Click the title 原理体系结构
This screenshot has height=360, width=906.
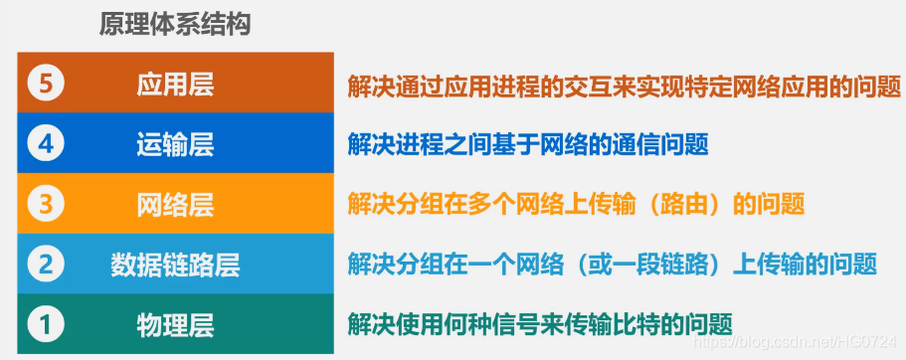[x=174, y=25]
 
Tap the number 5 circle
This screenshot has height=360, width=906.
[x=45, y=85]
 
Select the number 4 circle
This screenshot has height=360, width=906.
[x=45, y=144]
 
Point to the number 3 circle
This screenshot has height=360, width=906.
[x=45, y=205]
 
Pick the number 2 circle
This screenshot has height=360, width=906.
[x=45, y=264]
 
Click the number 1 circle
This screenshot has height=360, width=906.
[x=45, y=323]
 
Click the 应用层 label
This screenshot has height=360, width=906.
[x=175, y=85]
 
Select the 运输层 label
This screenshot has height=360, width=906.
[x=175, y=145]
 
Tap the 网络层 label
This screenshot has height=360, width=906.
[x=175, y=205]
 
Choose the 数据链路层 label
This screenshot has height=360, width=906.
[x=175, y=265]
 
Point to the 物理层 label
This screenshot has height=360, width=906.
[x=175, y=324]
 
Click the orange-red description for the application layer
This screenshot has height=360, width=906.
[x=624, y=86]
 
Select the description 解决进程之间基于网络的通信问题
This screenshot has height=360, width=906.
[x=528, y=145]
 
